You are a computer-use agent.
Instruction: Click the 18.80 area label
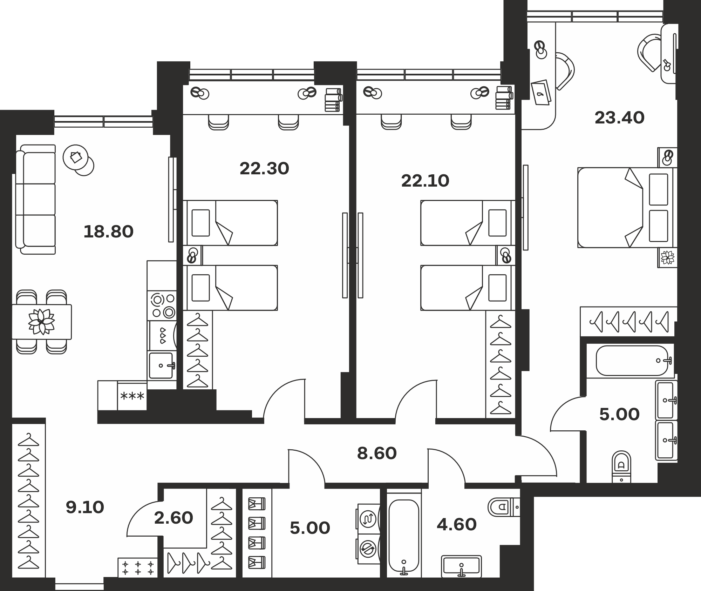pos(109,232)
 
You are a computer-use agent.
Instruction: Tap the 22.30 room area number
pos(264,169)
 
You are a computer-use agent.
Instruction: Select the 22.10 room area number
pos(425,181)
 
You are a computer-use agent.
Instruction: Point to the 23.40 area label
pos(619,118)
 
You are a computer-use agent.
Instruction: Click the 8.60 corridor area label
pos(377,454)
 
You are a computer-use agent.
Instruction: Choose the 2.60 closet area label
pos(173,518)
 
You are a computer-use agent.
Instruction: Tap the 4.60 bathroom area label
pos(457,525)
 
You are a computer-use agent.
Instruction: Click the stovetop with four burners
pos(162,305)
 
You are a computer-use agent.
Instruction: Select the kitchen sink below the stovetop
pos(162,365)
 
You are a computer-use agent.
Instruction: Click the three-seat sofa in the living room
pos(36,199)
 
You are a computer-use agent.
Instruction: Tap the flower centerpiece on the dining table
pos(41,321)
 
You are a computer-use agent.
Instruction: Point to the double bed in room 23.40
pos(627,208)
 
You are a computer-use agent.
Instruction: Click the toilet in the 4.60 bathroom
pos(504,506)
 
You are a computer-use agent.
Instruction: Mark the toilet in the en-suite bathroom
pos(621,467)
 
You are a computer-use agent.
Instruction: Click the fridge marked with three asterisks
pos(132,396)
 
